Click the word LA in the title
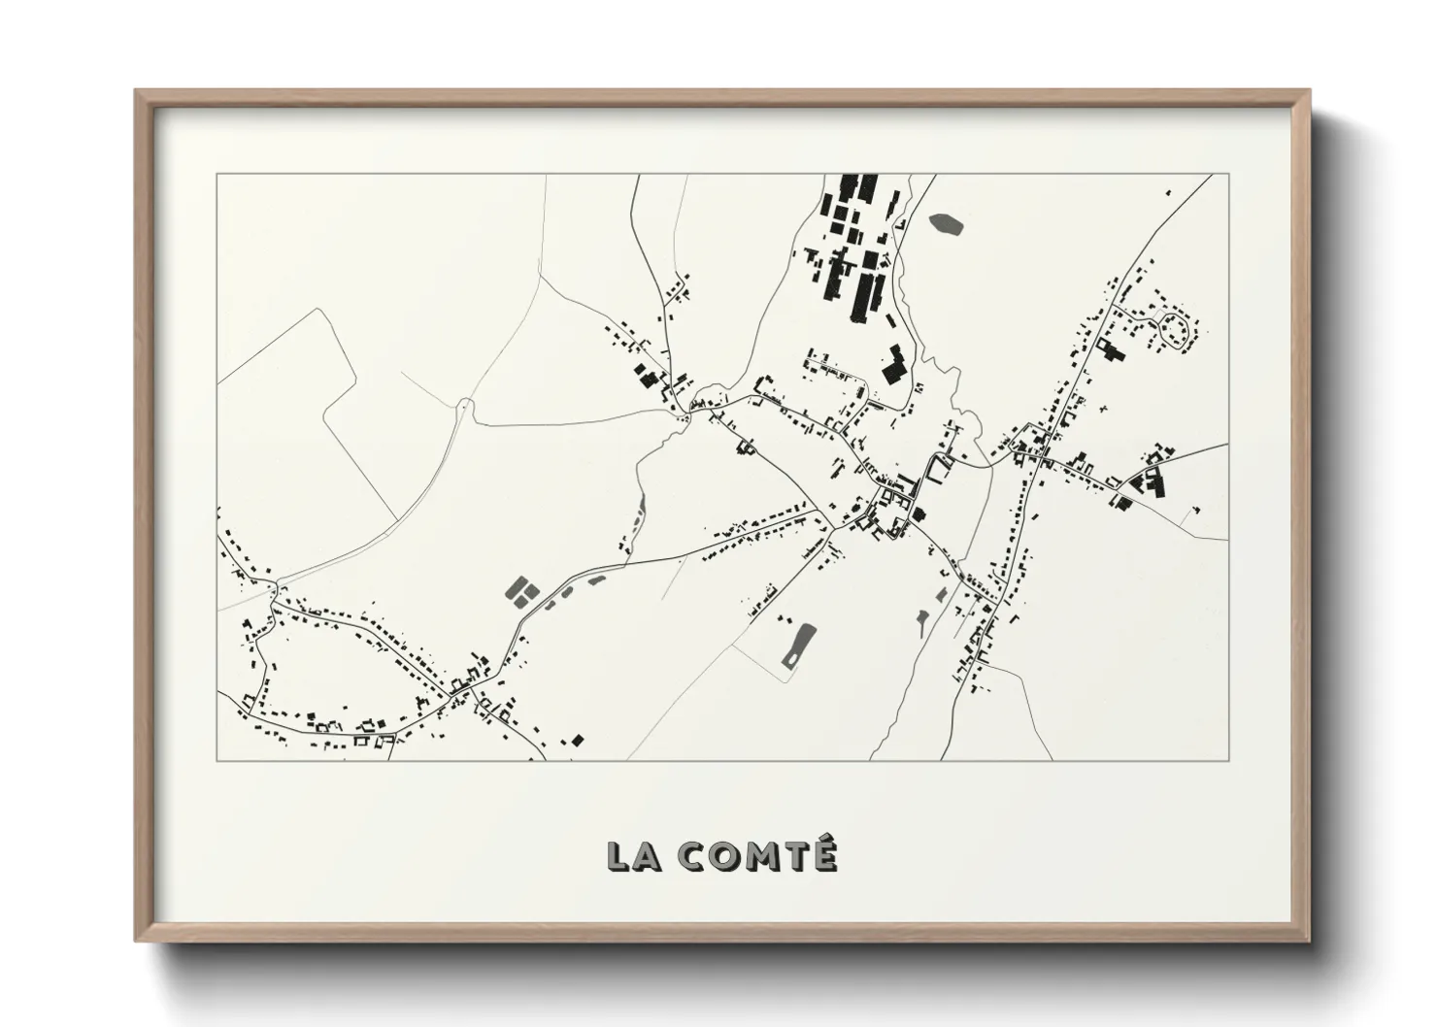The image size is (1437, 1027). pyautogui.click(x=633, y=857)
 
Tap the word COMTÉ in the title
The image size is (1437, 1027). pyautogui.click(x=756, y=857)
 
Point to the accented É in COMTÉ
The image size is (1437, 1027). pyautogui.click(x=822, y=855)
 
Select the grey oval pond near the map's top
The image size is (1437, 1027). pyautogui.click(x=947, y=225)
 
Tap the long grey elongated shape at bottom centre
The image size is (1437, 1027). pyautogui.click(x=798, y=646)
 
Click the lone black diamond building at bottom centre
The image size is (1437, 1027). pyautogui.click(x=578, y=740)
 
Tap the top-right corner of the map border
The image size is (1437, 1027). pyautogui.click(x=1228, y=175)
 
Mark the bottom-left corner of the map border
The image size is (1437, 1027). pyautogui.click(x=217, y=760)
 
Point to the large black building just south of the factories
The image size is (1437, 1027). pyautogui.click(x=892, y=366)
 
